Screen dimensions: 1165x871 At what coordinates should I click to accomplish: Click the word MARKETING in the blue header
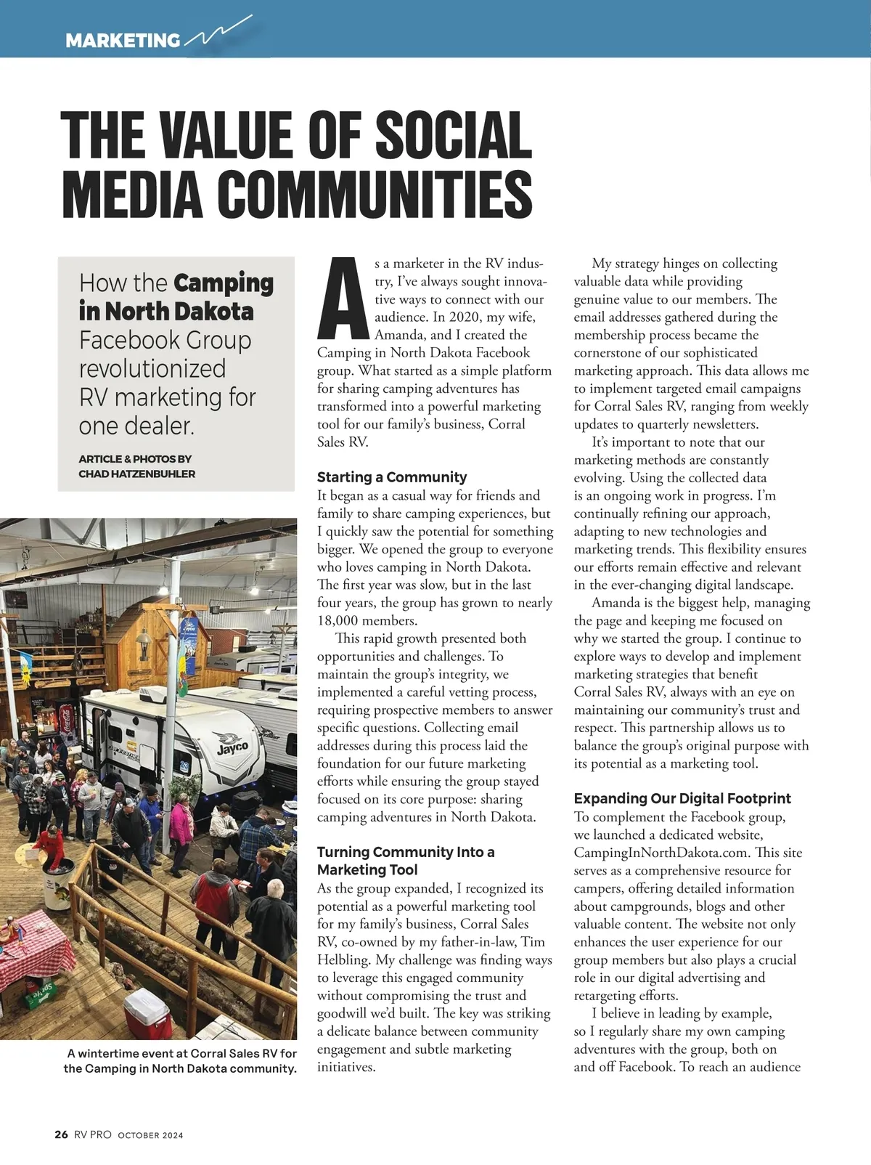click(123, 41)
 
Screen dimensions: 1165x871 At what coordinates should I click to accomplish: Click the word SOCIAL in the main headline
click(454, 135)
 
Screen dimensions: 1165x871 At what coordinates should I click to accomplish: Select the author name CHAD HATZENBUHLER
click(136, 474)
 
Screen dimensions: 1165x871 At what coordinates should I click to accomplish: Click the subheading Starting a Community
click(392, 477)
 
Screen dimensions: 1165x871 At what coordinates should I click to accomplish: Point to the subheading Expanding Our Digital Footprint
click(682, 798)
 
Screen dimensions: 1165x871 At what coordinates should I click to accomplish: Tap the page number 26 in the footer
click(61, 1134)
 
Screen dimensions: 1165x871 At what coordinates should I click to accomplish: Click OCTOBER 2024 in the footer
click(151, 1135)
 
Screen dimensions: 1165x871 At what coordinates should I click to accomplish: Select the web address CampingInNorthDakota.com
click(662, 853)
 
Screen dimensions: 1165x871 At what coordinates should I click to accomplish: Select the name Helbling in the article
click(343, 960)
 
